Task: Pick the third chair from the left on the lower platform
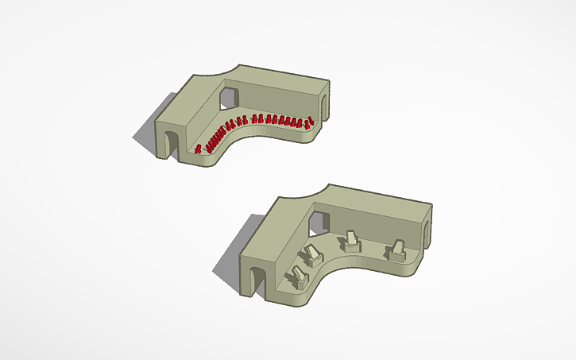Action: click(350, 241)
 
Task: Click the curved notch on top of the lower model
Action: click(311, 195)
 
